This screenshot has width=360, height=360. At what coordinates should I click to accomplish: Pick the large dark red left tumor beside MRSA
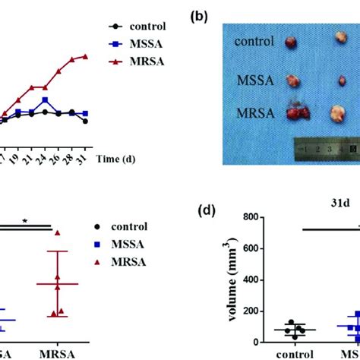[292, 114]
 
